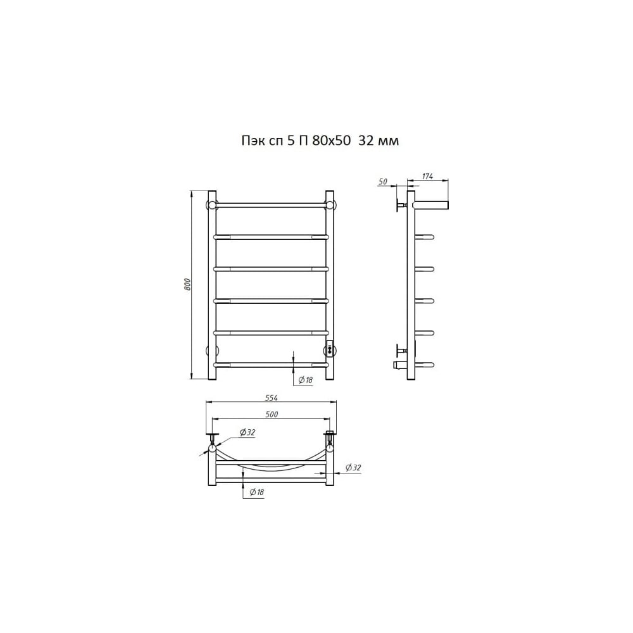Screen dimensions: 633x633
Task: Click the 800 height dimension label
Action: pyautogui.click(x=187, y=285)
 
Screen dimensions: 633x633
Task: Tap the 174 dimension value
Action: pyautogui.click(x=427, y=176)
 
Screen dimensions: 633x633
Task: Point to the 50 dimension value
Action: pyautogui.click(x=382, y=182)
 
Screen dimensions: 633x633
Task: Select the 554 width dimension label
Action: pyautogui.click(x=272, y=398)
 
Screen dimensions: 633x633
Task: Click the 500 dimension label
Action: pyautogui.click(x=272, y=414)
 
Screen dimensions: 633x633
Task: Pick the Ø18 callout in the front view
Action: pyautogui.click(x=306, y=380)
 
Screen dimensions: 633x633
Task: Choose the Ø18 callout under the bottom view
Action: pyautogui.click(x=257, y=492)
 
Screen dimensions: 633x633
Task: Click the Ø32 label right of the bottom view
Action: pyautogui.click(x=353, y=468)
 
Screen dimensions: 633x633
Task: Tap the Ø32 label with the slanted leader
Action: pyautogui.click(x=248, y=432)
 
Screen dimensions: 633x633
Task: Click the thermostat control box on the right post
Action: pyautogui.click(x=330, y=348)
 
